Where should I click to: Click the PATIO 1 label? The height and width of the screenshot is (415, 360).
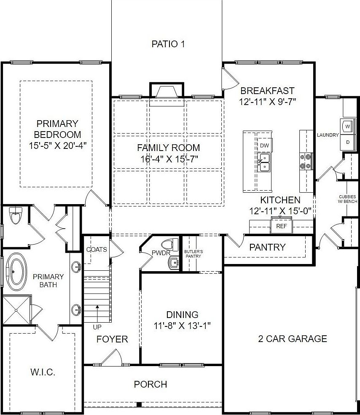168,44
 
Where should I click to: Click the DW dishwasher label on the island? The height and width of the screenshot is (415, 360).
264,146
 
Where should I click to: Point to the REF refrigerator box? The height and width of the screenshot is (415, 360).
281,226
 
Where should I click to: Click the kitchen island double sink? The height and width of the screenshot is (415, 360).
265,162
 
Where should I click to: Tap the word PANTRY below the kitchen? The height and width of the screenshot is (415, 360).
267,247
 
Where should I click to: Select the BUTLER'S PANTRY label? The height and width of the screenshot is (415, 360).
193,253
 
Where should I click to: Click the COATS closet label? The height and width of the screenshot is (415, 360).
97,249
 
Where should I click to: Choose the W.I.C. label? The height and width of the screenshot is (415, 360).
43,372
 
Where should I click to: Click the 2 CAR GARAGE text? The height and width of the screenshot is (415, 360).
292,339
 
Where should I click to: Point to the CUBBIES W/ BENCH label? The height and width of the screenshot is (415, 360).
348,199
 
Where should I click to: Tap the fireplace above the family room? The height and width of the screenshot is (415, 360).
167,91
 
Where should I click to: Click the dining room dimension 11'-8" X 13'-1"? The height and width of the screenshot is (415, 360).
182,325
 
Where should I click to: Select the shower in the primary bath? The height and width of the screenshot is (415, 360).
17,310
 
